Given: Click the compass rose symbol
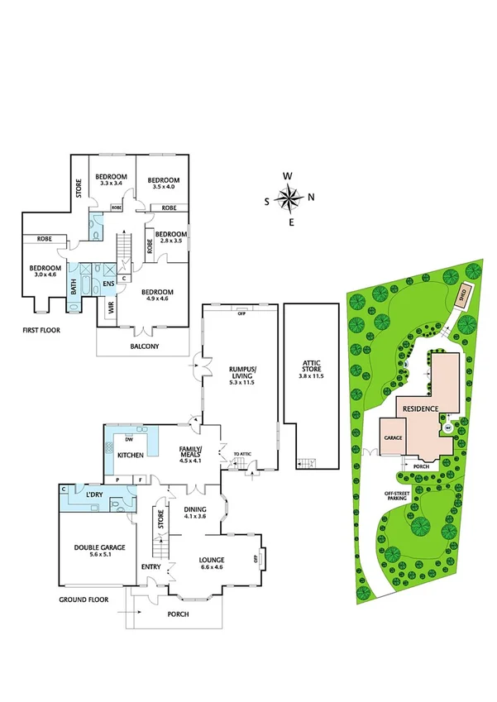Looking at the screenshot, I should [x=289, y=198].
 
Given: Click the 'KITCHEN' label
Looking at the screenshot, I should [x=131, y=456].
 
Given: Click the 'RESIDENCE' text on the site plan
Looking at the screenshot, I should [x=421, y=408].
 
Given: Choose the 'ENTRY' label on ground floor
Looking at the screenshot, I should [x=151, y=566].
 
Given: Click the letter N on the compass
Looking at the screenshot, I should [x=311, y=198].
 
